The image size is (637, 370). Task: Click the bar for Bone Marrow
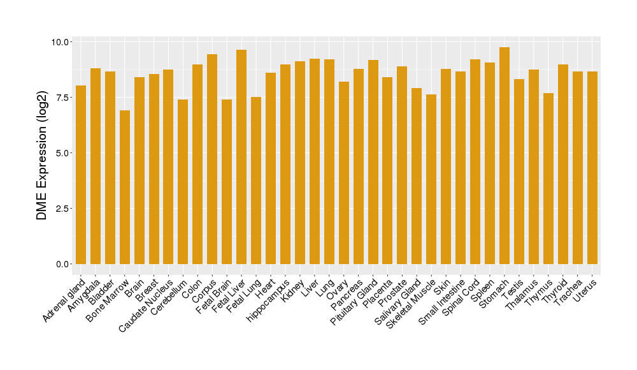point(125,187)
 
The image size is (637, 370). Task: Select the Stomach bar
point(505,156)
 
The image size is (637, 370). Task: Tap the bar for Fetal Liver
point(241,157)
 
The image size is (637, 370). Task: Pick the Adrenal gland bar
point(81,175)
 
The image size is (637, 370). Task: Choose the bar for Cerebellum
point(183,182)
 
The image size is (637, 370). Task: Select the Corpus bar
point(212,159)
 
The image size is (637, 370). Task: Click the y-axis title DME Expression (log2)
point(42,153)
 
